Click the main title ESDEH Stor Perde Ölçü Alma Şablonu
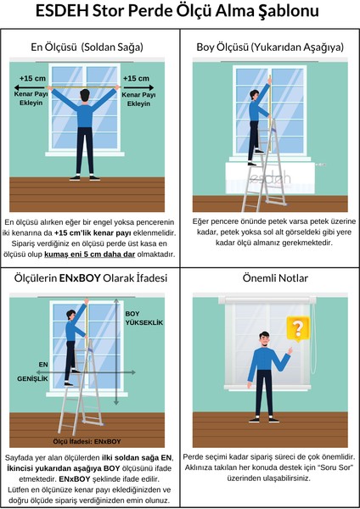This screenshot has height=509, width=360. click(x=180, y=13)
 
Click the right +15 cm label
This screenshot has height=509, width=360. click(x=137, y=79)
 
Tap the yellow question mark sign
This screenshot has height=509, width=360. click(x=296, y=327)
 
